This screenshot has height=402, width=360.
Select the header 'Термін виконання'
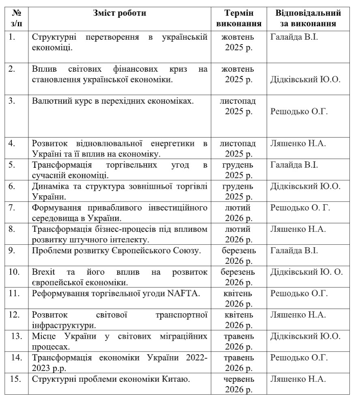(238, 18)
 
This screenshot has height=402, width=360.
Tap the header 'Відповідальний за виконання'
(308, 18)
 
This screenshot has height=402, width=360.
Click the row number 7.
(12, 208)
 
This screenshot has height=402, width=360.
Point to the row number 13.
(15, 336)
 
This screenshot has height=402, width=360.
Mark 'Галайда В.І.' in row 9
(294, 250)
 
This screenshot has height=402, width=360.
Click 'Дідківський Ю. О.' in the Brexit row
(306, 272)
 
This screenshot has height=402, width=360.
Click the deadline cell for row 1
(238, 43)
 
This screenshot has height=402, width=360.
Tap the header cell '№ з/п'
(14, 18)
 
